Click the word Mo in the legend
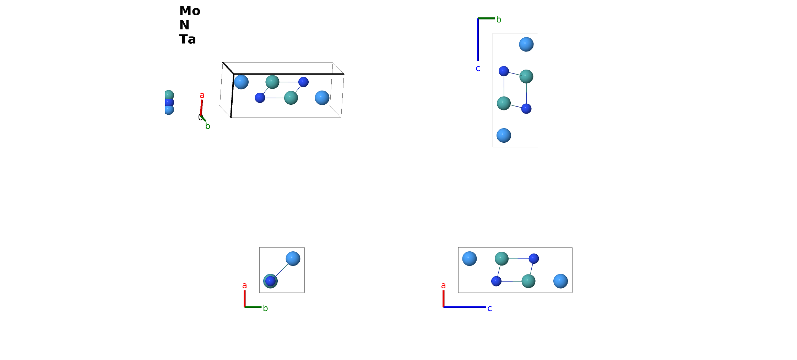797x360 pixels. point(190,11)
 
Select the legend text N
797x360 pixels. point(184,25)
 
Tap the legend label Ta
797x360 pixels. point(188,39)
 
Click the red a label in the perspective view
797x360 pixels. point(202,95)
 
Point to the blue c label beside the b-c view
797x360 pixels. point(478,69)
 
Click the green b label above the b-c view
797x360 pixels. point(499,20)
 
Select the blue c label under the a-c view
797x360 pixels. point(489,309)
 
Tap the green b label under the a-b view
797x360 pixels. point(265,308)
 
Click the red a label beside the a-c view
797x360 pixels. point(443,285)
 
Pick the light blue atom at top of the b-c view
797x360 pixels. point(526,44)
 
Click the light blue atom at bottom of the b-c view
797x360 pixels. point(504,135)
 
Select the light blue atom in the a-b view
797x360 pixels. point(293,258)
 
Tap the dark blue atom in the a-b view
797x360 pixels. point(270,281)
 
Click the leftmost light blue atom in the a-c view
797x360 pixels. point(470,258)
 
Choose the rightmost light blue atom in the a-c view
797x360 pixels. point(560,281)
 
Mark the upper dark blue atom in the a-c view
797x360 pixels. point(534,258)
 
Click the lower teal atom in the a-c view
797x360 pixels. point(528,281)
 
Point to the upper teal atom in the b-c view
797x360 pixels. point(526,76)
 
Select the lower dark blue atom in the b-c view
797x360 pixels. point(526,109)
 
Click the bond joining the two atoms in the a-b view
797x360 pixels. point(281,270)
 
